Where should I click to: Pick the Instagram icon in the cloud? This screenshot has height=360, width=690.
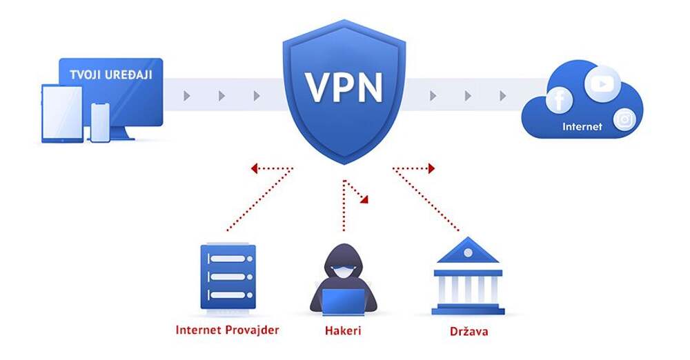(625, 119)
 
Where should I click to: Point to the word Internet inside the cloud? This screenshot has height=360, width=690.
(582, 127)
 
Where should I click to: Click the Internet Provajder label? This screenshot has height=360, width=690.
(227, 330)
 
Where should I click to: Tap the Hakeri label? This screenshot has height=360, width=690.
(343, 330)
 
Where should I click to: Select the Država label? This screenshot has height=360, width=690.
(469, 331)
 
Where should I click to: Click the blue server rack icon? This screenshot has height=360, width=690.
(228, 277)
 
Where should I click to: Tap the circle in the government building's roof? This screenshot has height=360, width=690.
(469, 252)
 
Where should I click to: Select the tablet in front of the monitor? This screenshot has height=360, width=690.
(62, 113)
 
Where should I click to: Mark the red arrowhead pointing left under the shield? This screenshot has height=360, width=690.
(255, 167)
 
